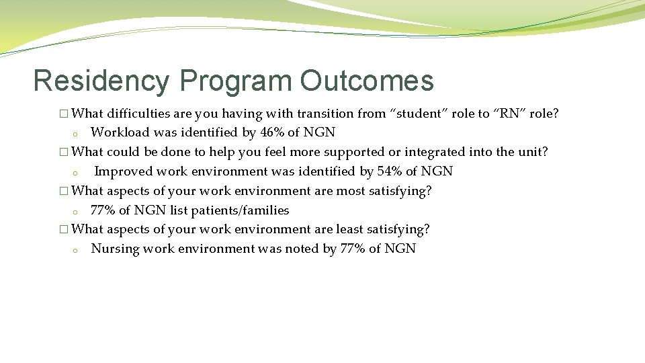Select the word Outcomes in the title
click(x=367, y=81)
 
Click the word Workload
click(x=120, y=132)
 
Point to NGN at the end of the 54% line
click(x=437, y=171)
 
